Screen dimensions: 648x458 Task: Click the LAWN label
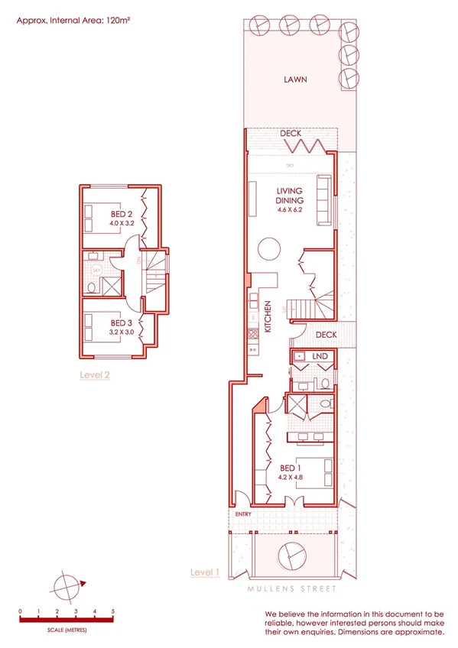tap(295, 79)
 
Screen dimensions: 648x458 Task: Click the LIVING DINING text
tap(290, 196)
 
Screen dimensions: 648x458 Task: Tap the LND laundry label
tap(320, 356)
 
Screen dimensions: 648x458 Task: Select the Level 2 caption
tap(95, 375)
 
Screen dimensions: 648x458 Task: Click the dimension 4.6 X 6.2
tap(290, 216)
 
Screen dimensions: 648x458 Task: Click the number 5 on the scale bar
tap(113, 611)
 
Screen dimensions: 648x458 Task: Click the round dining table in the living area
tap(270, 248)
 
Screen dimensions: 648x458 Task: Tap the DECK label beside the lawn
tap(291, 134)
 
